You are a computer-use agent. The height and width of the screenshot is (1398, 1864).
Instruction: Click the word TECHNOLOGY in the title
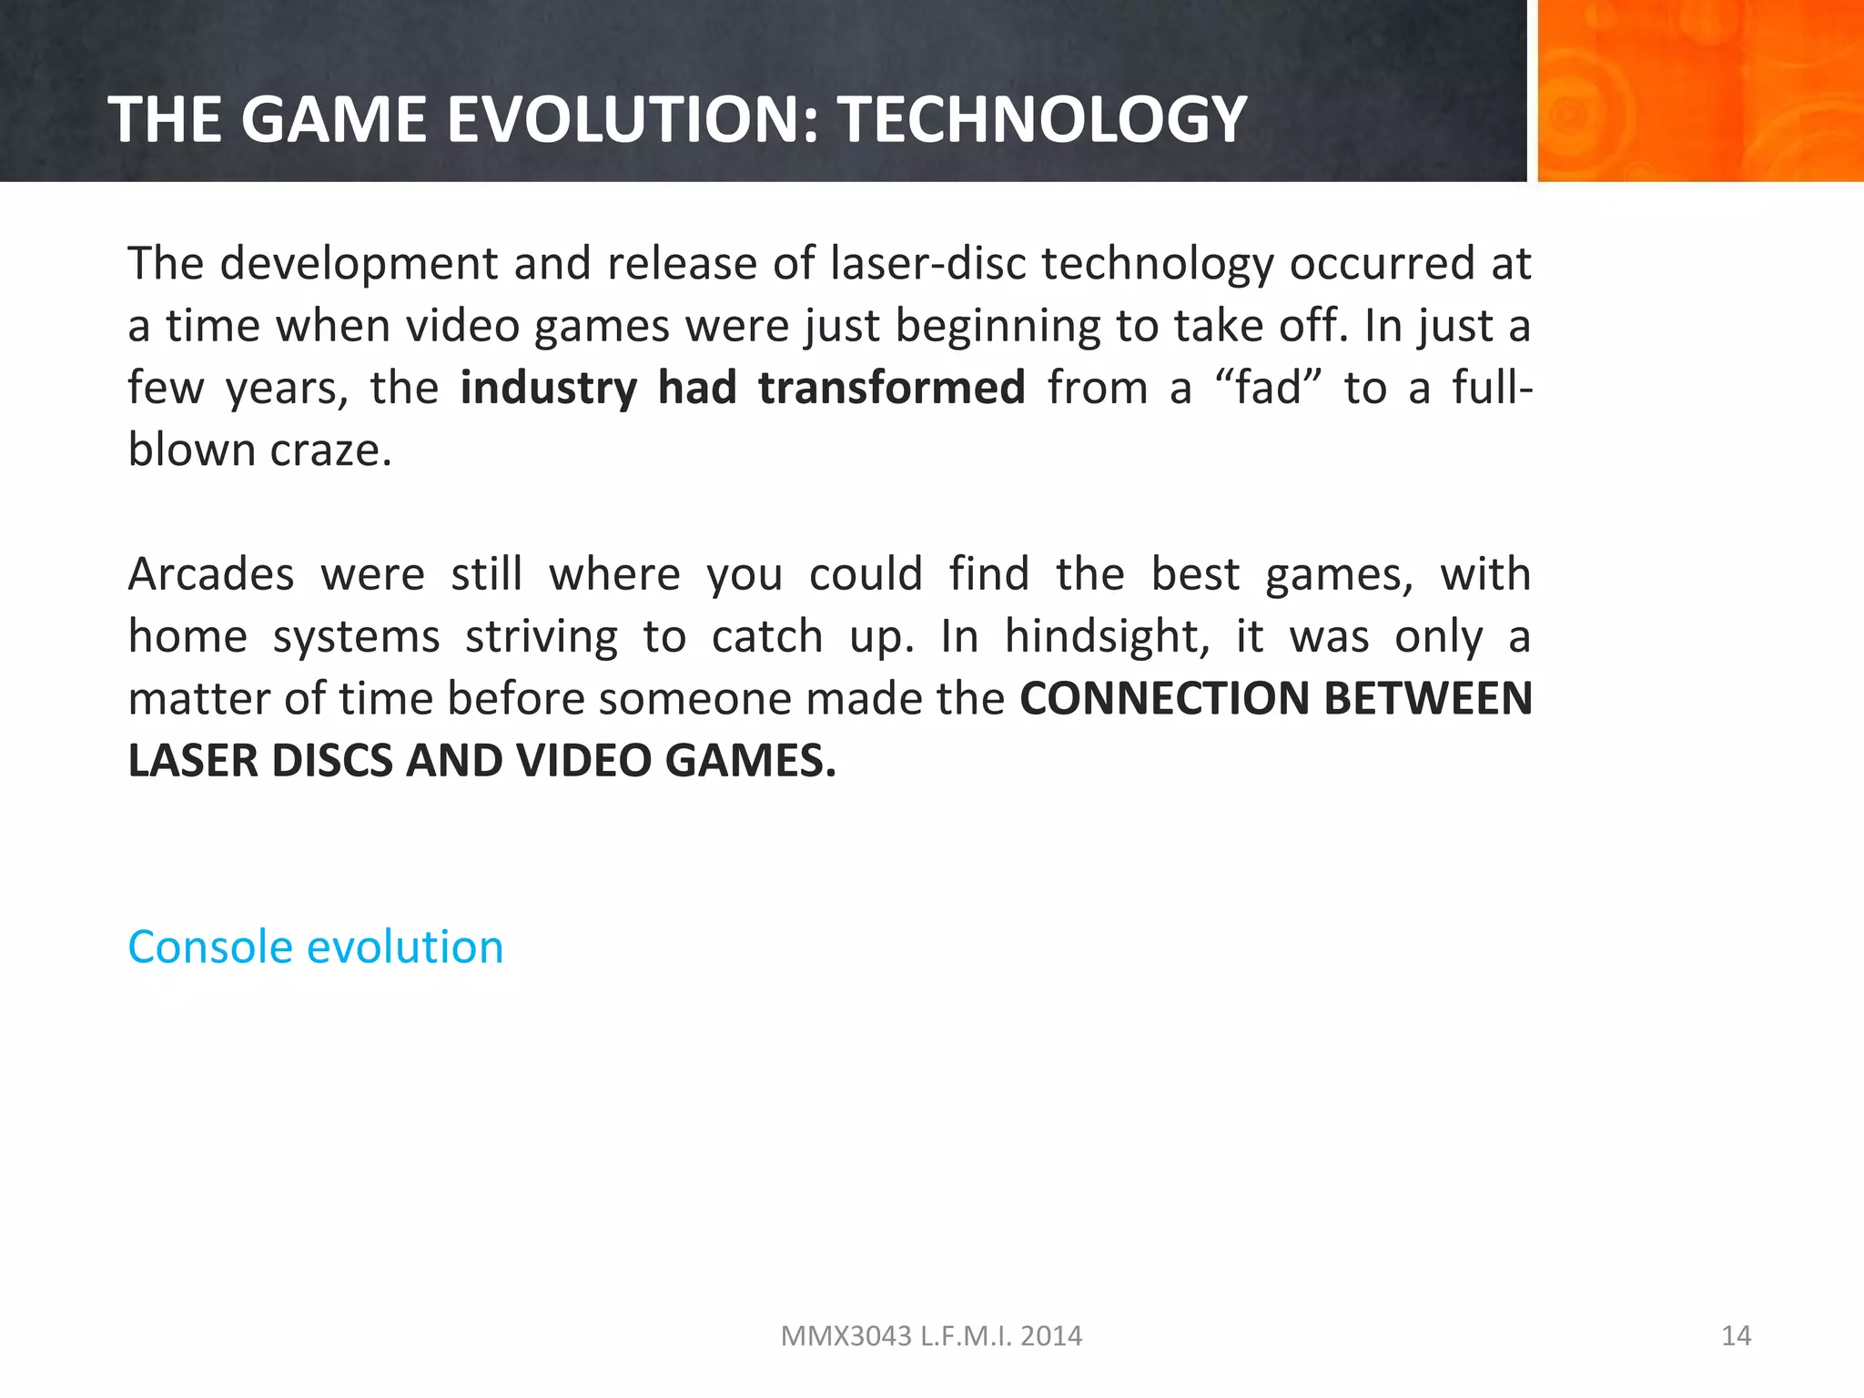[1041, 120]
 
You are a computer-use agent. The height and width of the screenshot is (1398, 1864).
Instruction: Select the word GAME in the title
[333, 120]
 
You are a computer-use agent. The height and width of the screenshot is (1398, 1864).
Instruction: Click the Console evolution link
[315, 947]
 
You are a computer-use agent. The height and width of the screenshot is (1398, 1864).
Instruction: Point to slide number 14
[1736, 1335]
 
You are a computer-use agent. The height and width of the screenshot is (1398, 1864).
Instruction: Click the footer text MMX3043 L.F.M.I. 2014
[931, 1335]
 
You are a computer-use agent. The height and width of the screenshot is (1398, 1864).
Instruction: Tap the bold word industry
[548, 388]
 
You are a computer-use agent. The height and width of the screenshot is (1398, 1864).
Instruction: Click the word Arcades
[211, 575]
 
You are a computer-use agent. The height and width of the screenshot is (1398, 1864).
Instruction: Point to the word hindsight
[1107, 636]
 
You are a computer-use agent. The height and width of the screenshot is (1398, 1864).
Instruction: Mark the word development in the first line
[359, 264]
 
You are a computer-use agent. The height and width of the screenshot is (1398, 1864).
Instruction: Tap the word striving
[542, 636]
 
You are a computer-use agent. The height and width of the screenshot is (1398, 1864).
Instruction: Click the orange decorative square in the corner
[1700, 90]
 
